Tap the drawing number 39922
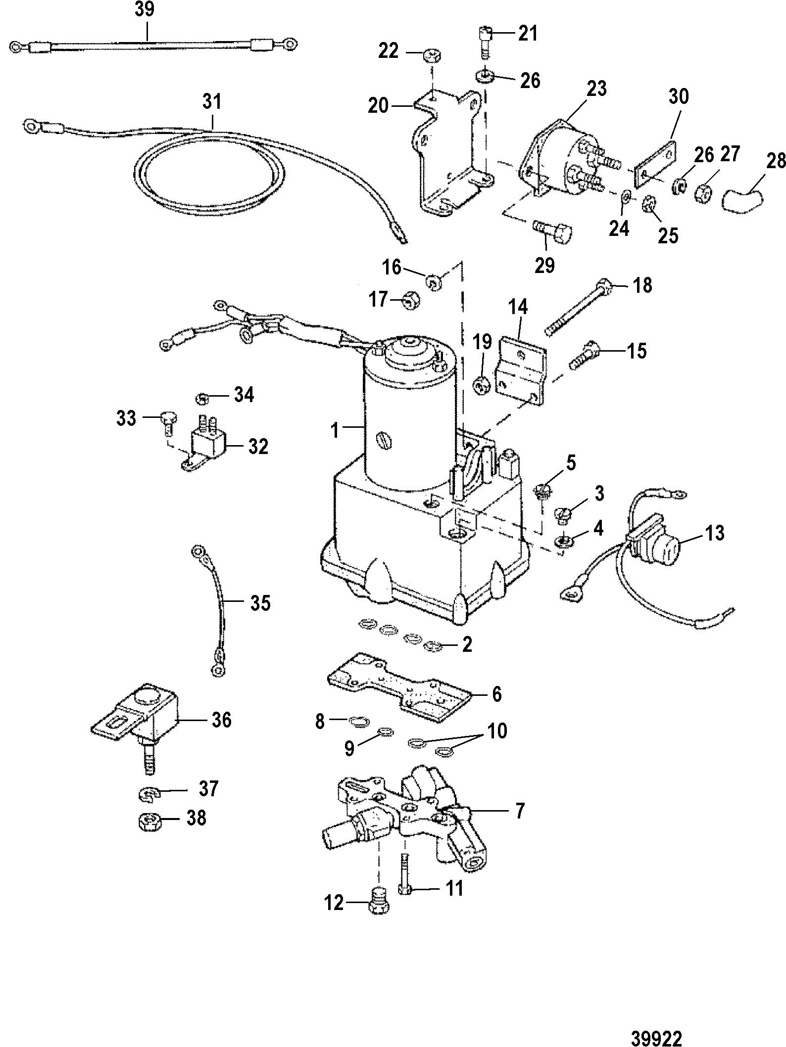point(656,1024)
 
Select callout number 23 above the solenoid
point(596,89)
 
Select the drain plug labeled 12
point(379,903)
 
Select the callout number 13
point(713,533)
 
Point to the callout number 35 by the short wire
point(260,603)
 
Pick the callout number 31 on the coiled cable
point(212,102)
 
